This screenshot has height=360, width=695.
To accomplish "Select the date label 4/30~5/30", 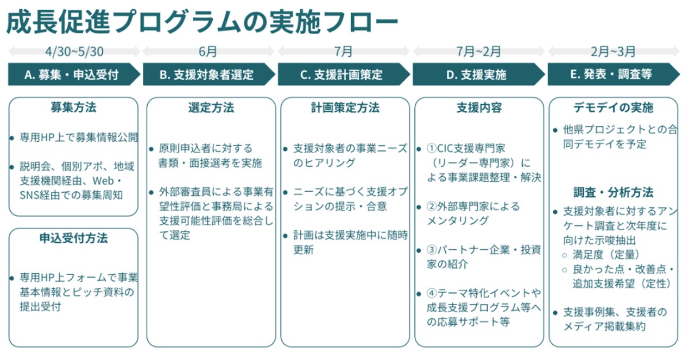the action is coord(74,52).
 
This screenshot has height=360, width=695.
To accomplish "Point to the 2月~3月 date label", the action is coord(614,52).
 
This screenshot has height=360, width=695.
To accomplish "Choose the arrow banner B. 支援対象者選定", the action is coord(207,75).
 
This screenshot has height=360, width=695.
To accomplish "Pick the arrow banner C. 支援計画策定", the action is coord(342,75).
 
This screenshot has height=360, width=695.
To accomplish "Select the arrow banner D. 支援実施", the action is coord(476,75).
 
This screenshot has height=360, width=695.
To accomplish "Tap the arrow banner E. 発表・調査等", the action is coord(611,75).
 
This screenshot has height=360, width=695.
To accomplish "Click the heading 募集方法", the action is coord(73,108).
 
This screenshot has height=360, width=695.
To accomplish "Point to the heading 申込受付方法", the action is coord(73,238).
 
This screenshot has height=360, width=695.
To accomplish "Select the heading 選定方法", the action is coord(211,108).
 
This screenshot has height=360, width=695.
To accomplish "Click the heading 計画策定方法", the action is coord(345,108).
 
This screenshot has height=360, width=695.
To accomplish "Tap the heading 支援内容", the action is coord(479,108).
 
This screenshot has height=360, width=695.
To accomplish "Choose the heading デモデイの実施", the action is coord(614,108).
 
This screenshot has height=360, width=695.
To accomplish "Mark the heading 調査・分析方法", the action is coord(614,192).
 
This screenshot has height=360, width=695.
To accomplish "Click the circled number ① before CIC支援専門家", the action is coord(432,148).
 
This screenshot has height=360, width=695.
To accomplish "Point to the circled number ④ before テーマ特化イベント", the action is coord(432,293).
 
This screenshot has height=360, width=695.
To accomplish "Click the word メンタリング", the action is coord(457,220).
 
